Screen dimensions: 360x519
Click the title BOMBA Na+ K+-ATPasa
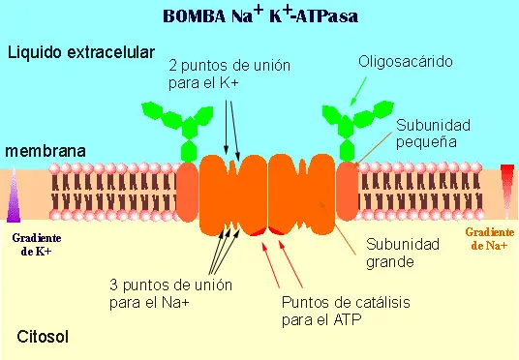point(259,15)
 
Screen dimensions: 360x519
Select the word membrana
point(46,151)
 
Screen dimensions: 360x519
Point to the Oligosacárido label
point(407,63)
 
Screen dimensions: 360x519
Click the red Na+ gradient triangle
point(506,184)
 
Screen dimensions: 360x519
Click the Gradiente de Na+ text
point(490,238)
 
